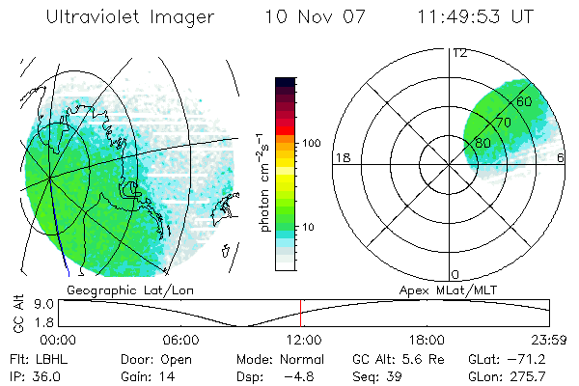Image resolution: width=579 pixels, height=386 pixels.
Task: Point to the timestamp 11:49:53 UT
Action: (474, 18)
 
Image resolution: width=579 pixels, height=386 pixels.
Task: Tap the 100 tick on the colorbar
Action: (312, 143)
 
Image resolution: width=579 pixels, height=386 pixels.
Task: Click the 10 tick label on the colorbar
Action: (309, 228)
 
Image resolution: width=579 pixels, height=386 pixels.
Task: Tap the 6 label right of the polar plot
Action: (562, 157)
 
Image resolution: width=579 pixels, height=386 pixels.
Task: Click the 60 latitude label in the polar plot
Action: (524, 101)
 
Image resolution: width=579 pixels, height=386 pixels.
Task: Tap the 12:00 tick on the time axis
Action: (303, 339)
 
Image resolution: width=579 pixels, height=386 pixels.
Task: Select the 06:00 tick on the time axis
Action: (180, 339)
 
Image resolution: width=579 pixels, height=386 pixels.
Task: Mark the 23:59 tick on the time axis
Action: (546, 339)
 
